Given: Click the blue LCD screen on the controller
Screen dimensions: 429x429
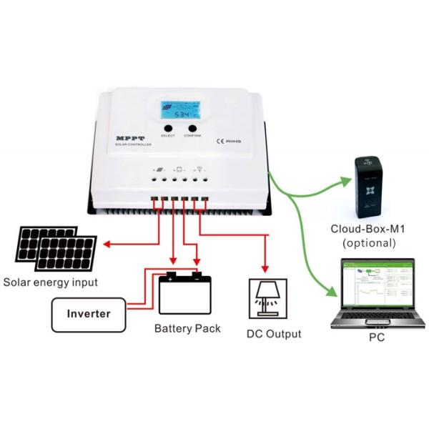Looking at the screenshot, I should (179, 111).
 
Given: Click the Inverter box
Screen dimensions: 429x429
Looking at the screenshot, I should (89, 313).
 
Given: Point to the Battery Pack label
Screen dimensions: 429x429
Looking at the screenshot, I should (187, 329).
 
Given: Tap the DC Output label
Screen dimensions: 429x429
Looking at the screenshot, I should (274, 334).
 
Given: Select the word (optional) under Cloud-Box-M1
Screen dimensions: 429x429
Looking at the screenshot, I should (369, 243).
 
